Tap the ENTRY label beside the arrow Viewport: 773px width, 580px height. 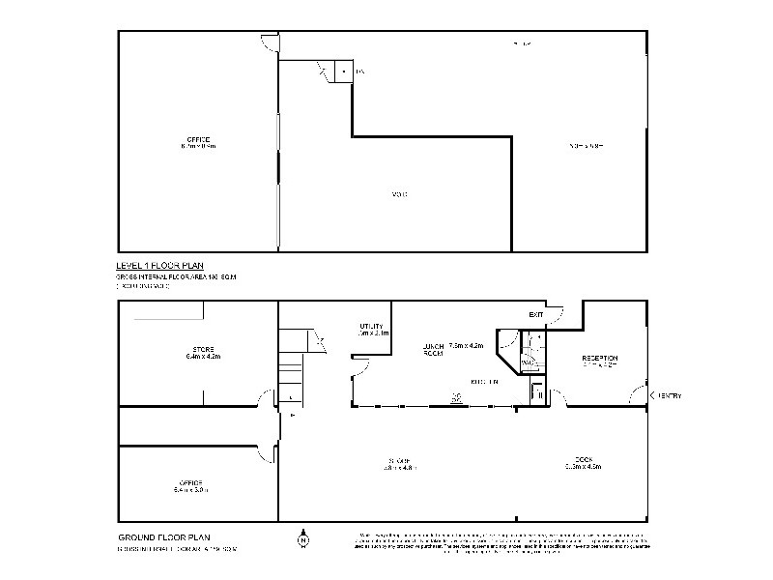pos(671,395)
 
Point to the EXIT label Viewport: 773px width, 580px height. pos(536,315)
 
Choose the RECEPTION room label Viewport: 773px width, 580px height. pos(599,359)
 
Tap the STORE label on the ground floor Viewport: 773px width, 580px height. pos(203,349)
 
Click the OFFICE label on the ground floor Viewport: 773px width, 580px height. pos(189,482)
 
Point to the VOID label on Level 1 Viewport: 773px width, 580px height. pos(399,195)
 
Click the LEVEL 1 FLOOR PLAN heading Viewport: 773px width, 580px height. pos(159,265)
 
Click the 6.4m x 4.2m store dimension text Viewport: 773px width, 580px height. pos(203,357)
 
